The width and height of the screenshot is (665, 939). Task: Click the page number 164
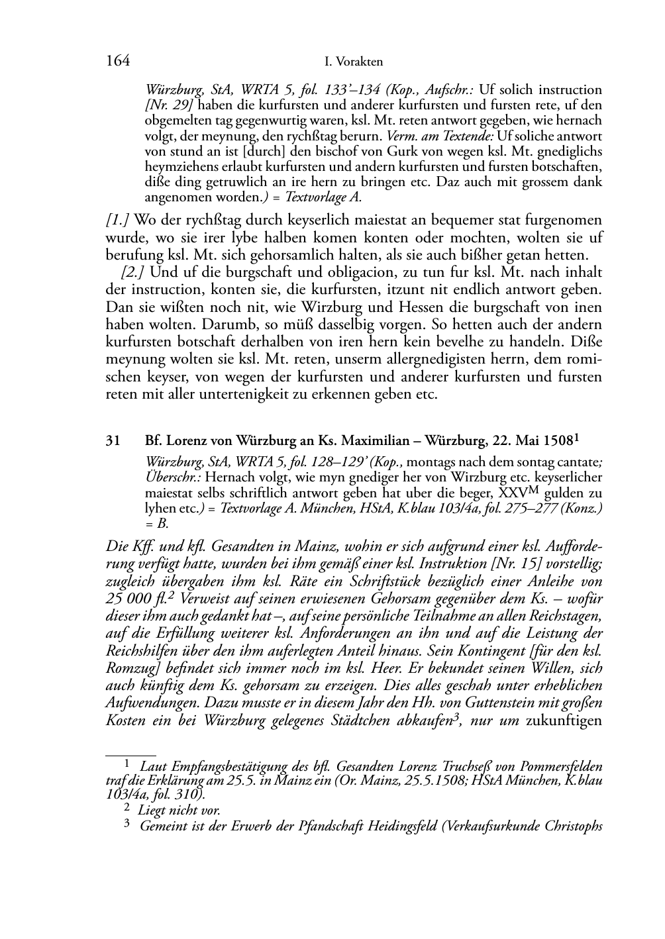tap(117, 62)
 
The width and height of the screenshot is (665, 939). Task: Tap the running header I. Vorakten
tap(354, 62)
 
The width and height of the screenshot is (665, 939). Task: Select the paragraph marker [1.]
tap(119, 221)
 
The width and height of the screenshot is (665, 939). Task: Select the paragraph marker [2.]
tap(134, 272)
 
